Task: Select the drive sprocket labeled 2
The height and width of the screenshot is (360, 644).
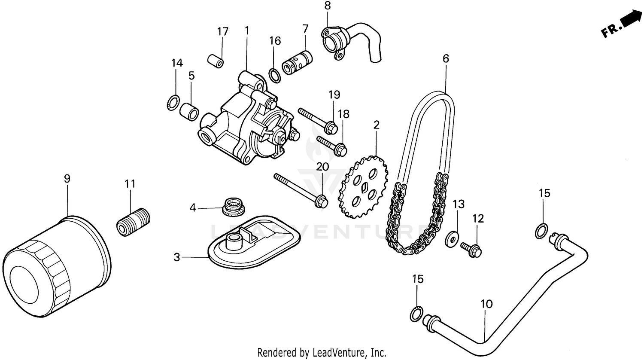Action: click(x=364, y=187)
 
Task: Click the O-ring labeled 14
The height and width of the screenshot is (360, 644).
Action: click(x=173, y=103)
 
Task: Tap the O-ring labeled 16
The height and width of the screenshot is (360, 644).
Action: click(x=275, y=74)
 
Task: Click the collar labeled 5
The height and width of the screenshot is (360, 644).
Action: click(x=189, y=111)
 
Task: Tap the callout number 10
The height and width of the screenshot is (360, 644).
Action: click(x=486, y=304)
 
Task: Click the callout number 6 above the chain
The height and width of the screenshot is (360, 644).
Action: click(x=446, y=58)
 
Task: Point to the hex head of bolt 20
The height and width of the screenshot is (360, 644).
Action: click(x=321, y=201)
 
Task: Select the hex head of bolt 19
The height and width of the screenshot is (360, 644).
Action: click(x=331, y=127)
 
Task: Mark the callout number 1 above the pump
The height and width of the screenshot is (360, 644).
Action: click(x=247, y=31)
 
